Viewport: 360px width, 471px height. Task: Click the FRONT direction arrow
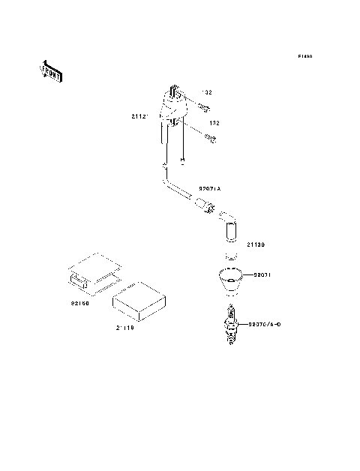pos(50,71)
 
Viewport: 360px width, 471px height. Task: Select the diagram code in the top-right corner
pos(304,57)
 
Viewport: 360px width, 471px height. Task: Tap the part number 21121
pos(140,116)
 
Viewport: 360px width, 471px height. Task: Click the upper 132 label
pos(206,92)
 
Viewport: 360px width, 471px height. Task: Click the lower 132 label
pos(214,122)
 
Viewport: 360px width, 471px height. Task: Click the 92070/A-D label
pos(264,324)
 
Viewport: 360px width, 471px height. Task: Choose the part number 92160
pos(80,304)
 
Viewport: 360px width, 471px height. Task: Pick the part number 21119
pos(125,328)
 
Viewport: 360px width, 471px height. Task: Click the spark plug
pos(230,324)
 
